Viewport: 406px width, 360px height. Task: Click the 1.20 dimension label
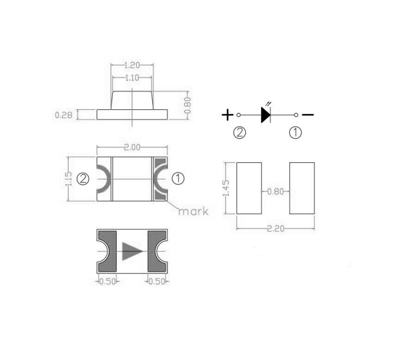coord(132,65)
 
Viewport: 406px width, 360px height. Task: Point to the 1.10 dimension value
coord(132,77)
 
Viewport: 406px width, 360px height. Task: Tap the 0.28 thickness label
coord(64,115)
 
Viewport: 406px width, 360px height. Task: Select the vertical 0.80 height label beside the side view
coord(188,105)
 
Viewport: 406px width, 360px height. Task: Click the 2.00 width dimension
coord(132,148)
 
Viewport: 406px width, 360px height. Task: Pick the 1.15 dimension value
coord(69,179)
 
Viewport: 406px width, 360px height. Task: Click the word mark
coord(193,211)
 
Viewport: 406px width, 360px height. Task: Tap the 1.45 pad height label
coord(226,188)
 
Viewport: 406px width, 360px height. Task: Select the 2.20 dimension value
coord(276,229)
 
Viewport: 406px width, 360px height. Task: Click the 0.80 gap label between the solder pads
coord(276,192)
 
